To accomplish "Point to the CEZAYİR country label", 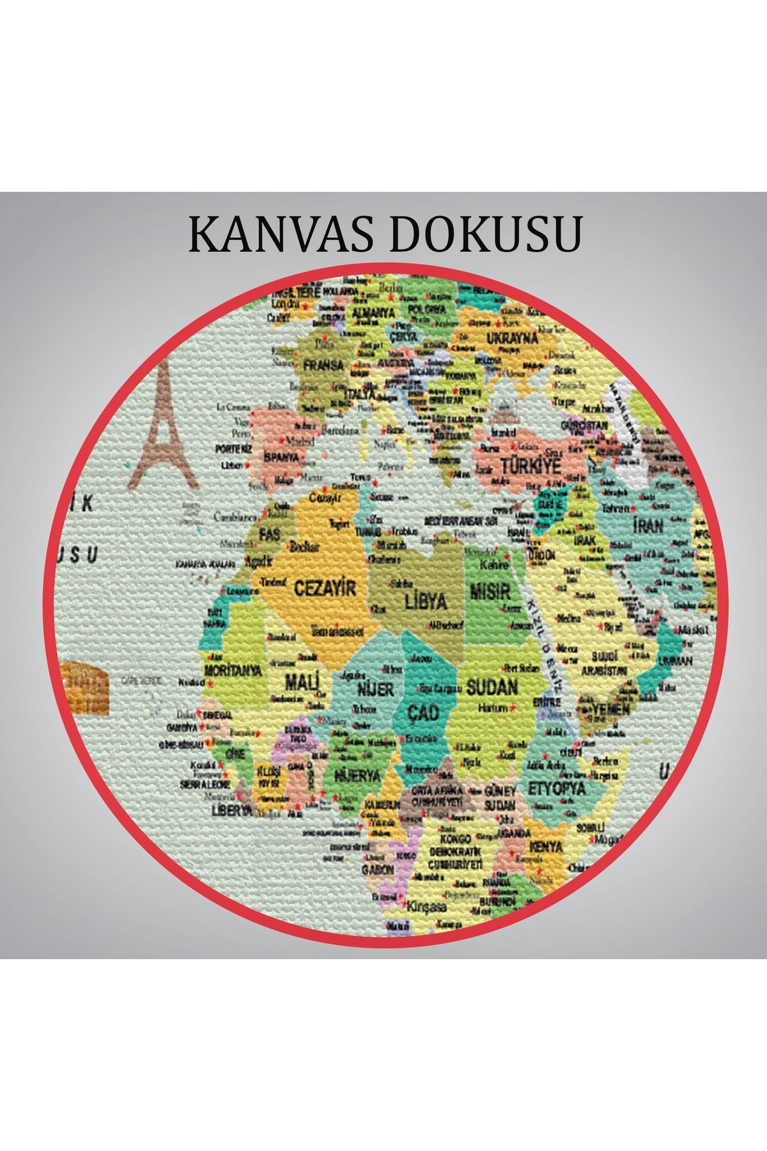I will (325, 588).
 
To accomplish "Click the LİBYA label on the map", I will (426, 602).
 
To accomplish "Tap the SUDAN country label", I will (492, 687).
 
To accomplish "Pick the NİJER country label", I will (375, 690).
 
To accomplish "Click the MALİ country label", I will (302, 682).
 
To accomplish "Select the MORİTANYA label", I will (233, 671).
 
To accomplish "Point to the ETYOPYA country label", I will (556, 788).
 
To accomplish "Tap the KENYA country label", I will (546, 847).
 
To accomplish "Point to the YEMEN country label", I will (611, 709).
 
